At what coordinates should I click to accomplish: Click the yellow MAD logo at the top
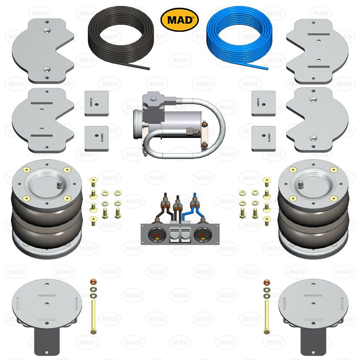point(179,19)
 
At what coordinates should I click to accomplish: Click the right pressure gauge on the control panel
point(201,237)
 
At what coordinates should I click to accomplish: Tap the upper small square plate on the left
point(97,103)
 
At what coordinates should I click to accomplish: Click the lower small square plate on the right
point(264,138)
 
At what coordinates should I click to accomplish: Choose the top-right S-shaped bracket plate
point(317,50)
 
